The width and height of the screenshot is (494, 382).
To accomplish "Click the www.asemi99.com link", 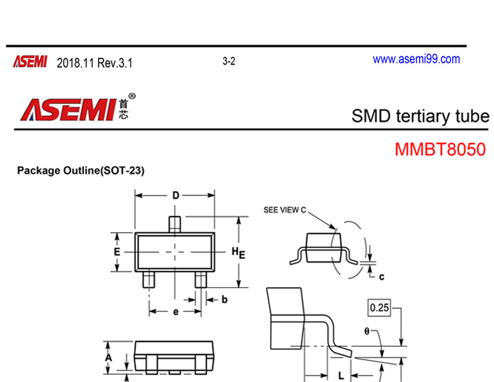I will (x=416, y=60).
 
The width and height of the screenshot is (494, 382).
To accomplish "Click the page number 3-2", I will (x=229, y=62).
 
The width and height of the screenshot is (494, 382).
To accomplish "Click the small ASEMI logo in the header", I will (x=30, y=62).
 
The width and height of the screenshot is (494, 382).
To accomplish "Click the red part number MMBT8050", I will (x=440, y=150).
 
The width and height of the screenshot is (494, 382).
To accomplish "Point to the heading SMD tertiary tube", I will (x=420, y=116).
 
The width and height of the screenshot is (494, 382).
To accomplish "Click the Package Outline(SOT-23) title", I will (x=81, y=171).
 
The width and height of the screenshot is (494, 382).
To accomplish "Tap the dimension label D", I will (x=175, y=196).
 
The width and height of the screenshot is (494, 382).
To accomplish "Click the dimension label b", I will (x=224, y=299).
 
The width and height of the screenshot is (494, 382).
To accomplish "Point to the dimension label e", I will (x=175, y=312).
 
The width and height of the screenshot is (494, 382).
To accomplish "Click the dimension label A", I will (x=109, y=356).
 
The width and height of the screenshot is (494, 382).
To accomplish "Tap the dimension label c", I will (x=381, y=277).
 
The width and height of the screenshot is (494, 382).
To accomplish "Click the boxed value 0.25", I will (x=379, y=308).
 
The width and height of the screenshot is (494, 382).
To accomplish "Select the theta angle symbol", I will (x=367, y=331).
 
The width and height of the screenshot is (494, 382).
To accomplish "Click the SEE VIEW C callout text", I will (x=286, y=210).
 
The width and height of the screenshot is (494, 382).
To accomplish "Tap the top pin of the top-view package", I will (x=175, y=223).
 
